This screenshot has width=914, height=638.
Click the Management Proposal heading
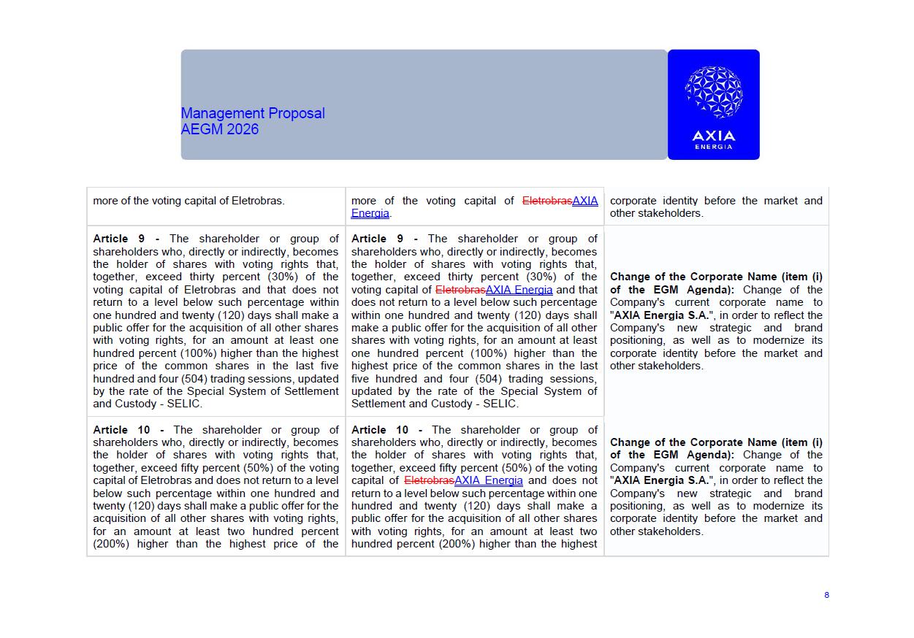253,113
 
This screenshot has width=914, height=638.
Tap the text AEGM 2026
220,129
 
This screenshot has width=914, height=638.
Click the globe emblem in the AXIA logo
713,93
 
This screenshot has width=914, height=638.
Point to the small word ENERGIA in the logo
713,147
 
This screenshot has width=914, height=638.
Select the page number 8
826,595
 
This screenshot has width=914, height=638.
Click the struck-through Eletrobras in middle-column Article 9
460,290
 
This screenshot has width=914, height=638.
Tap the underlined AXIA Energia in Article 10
488,480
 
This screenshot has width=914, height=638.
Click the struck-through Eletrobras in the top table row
547,201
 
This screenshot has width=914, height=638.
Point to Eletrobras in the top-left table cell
257,201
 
